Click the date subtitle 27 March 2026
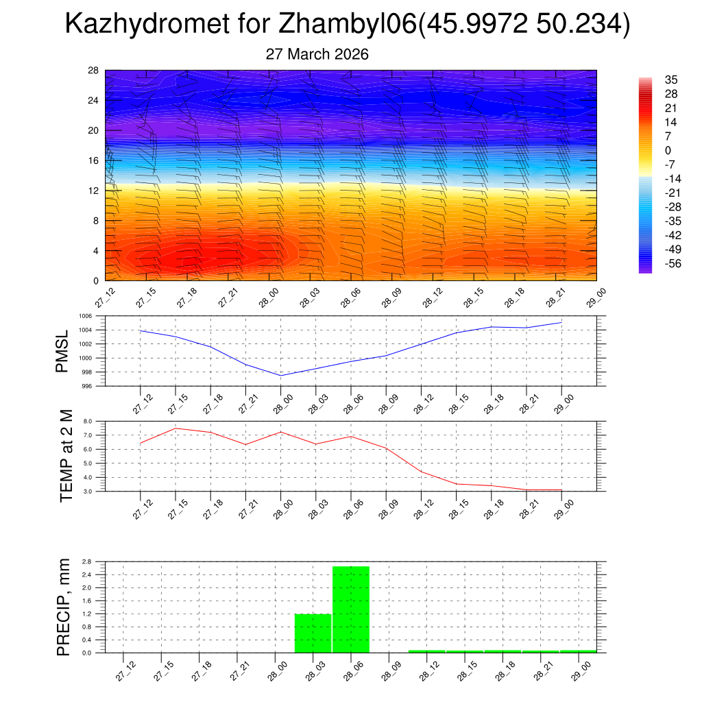[317, 54]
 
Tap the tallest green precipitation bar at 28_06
[351, 609]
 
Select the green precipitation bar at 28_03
[313, 633]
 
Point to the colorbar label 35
[671, 80]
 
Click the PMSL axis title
[62, 351]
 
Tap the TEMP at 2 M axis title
[66, 456]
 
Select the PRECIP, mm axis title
[64, 607]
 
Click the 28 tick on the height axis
[94, 71]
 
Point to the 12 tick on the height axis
[94, 191]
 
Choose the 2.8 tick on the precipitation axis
[86, 561]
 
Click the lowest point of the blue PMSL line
[280, 375]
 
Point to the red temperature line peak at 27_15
[175, 428]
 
